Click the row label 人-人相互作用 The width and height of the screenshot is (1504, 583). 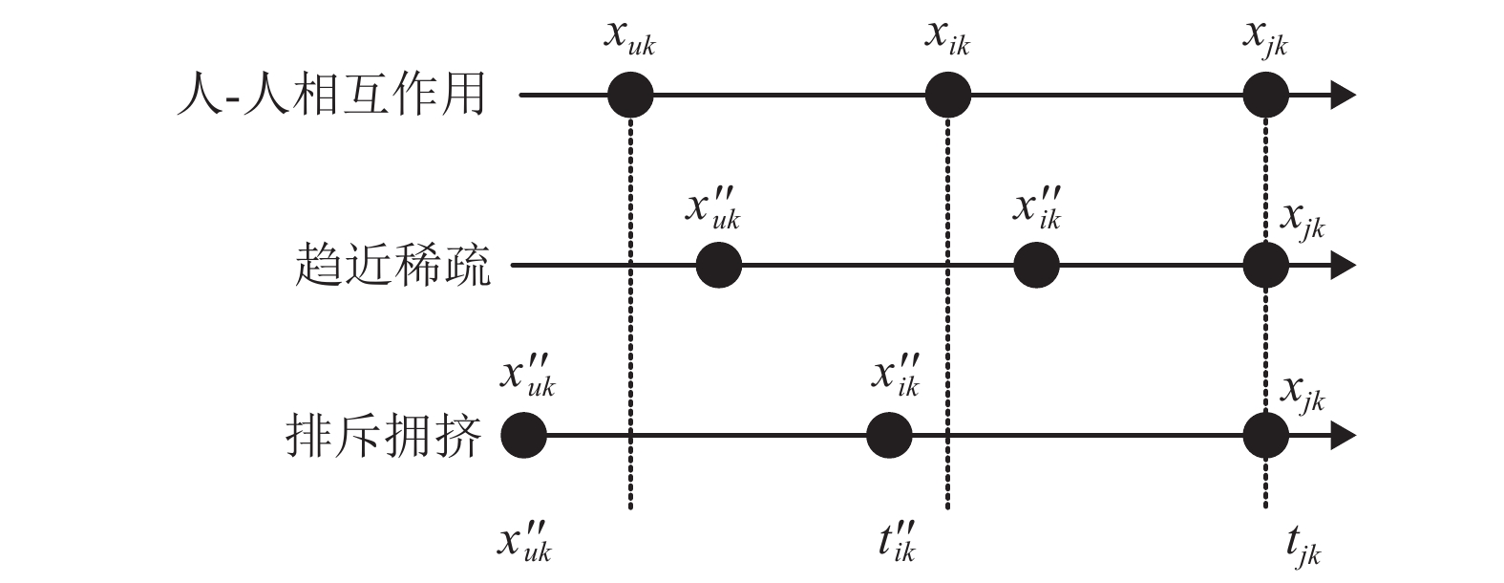331,97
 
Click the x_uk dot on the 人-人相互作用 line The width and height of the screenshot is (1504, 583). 630,96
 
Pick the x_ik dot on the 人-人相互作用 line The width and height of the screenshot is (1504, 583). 948,96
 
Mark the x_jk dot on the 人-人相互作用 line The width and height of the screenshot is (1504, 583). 1266,96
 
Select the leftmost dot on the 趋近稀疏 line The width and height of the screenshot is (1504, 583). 719,265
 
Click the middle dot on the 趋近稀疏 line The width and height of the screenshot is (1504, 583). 1036,265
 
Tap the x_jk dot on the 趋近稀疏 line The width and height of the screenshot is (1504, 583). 1266,265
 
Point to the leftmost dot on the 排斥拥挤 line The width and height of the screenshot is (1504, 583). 524,436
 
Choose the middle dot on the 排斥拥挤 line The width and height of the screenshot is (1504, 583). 890,436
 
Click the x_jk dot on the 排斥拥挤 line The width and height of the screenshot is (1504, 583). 1266,436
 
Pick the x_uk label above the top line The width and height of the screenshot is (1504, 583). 630,39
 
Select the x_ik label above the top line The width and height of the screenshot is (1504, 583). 947,39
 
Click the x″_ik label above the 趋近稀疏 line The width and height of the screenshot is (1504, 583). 1037,210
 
